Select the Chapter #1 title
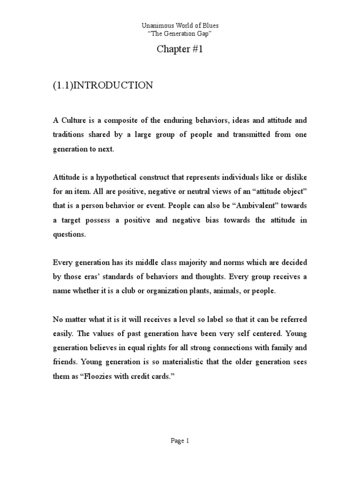coord(180,50)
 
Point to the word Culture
coord(75,120)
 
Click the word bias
coord(224,220)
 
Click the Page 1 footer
coord(180,441)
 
